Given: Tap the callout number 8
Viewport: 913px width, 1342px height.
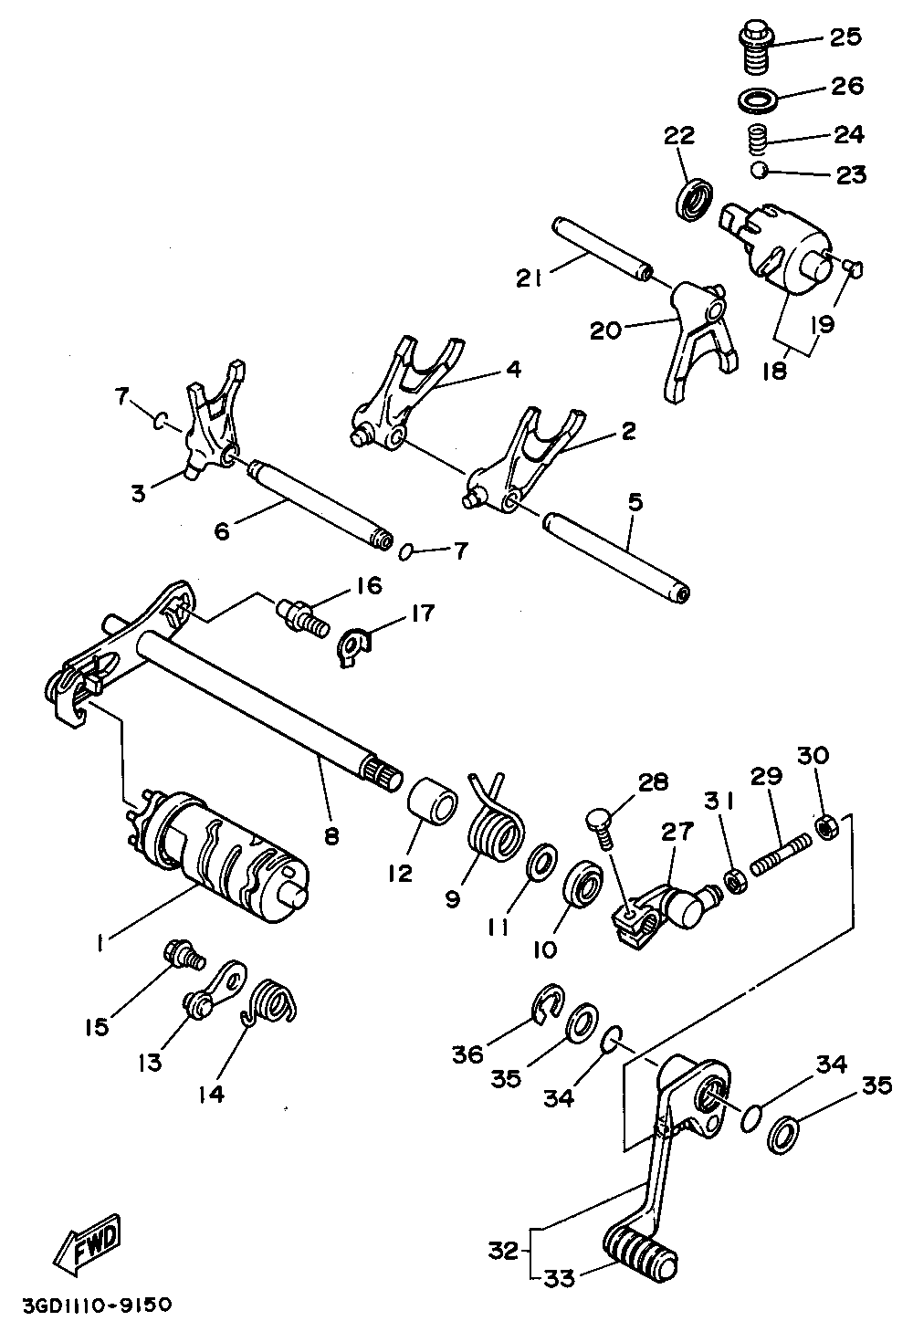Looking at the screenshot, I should click(331, 834).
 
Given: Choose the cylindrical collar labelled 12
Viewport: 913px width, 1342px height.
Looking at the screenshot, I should click(433, 804).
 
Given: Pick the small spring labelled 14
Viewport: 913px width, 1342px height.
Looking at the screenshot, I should click(271, 999).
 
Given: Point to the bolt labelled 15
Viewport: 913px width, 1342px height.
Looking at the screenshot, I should click(182, 956).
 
